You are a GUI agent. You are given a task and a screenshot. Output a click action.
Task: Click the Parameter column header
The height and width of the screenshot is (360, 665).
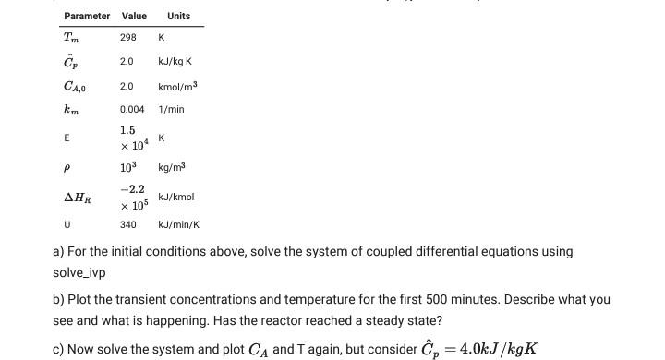click(87, 16)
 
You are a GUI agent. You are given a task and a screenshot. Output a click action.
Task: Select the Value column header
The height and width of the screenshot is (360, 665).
click(134, 16)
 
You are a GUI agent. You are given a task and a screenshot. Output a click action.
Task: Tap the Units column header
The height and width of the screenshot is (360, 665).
click(179, 16)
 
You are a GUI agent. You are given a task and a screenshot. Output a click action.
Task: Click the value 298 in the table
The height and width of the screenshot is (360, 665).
click(128, 38)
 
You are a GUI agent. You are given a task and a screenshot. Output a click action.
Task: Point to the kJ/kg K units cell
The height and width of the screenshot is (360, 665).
click(175, 62)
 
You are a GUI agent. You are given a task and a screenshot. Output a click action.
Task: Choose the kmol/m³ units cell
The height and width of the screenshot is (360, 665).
click(178, 86)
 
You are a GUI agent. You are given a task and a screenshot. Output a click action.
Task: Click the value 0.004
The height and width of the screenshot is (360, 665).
click(132, 109)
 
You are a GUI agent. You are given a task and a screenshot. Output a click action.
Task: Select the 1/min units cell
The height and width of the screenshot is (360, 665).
click(172, 109)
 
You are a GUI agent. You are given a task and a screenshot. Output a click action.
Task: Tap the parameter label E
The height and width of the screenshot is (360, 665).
click(66, 138)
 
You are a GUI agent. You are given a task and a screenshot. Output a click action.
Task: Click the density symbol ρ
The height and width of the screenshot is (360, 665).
click(67, 167)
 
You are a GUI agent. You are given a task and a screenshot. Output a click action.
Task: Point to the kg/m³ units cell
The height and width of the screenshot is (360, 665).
click(172, 167)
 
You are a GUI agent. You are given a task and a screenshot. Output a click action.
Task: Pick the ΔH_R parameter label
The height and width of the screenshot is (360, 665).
click(77, 197)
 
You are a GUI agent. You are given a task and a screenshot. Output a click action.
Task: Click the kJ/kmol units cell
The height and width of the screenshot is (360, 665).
click(175, 197)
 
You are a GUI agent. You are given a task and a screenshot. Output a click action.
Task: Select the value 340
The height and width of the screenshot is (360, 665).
click(128, 225)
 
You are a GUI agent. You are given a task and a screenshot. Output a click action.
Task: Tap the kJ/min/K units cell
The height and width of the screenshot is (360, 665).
click(179, 225)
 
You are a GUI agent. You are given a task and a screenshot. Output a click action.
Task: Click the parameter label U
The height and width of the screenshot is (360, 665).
click(67, 225)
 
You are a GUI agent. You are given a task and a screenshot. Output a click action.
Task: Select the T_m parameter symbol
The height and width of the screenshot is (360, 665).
click(71, 38)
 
